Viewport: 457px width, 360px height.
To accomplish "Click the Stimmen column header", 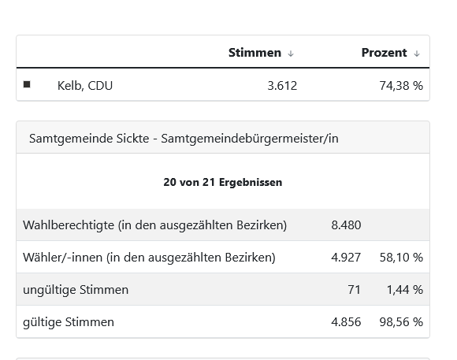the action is point(255,53).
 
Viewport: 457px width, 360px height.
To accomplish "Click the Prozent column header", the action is point(385,53).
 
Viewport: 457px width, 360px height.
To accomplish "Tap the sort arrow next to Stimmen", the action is point(291,54).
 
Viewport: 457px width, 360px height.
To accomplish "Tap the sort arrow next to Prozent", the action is point(417,54).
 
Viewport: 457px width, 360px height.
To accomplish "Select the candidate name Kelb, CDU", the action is point(85,86).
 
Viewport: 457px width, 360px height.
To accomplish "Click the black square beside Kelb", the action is point(27,84).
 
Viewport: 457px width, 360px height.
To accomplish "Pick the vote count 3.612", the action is point(282,86).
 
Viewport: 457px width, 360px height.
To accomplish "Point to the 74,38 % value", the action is point(401,86).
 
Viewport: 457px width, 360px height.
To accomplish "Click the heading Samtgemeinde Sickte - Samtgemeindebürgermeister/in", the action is point(184,139).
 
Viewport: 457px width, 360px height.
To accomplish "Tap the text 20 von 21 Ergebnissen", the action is point(223,182).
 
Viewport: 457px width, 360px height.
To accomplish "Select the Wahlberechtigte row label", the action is point(154,225).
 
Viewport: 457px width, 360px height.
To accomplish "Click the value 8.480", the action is point(346,225).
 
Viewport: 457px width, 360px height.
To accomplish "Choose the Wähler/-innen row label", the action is point(149,258).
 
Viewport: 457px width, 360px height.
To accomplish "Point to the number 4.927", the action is point(346,258).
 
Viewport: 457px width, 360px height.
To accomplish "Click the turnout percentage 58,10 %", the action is point(401,258).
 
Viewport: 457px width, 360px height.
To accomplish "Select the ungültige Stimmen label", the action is point(76,290).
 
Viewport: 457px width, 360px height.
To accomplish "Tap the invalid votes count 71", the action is point(354,290).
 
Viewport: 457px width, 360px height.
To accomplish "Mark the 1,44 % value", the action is point(405,290).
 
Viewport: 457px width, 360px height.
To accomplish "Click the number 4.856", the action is point(346,322).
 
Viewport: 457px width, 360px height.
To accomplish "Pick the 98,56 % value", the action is point(401,322).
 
